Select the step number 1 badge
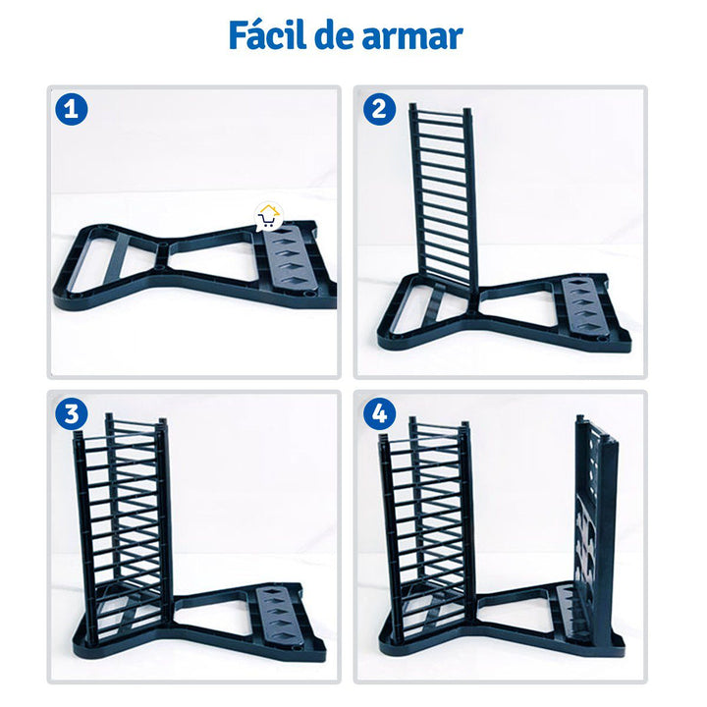point(71,108)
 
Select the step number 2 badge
point(379,108)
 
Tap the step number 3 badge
point(71,414)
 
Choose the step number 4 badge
point(379,414)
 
